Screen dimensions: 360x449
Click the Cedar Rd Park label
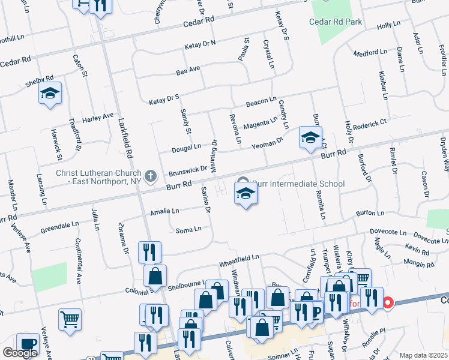336,22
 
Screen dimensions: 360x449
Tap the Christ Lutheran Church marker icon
151,176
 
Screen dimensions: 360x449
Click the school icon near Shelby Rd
50,93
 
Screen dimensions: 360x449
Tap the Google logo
20,353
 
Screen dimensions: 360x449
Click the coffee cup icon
28,344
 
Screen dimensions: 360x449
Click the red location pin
388,303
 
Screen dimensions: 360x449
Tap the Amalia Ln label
165,211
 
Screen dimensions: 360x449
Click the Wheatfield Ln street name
239,258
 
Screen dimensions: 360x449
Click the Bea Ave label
188,71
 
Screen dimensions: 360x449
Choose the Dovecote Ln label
384,230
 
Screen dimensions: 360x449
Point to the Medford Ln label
370,53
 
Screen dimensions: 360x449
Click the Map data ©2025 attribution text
423,355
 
